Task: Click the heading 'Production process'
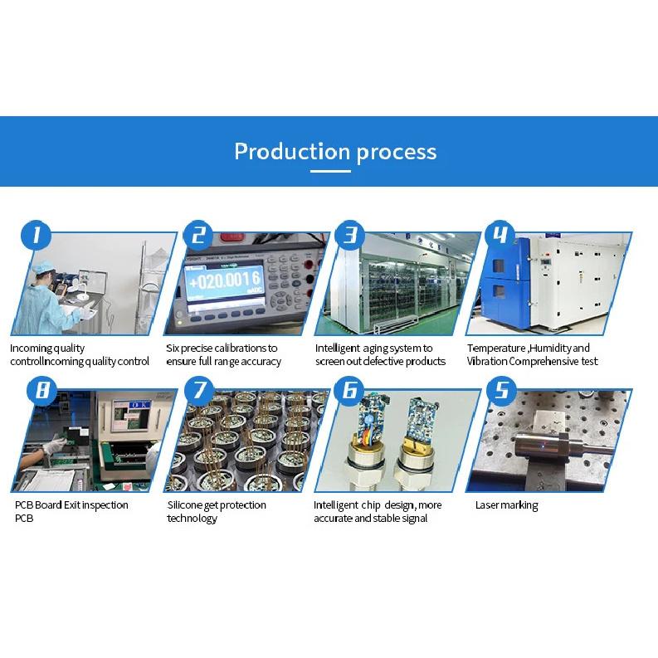(x=335, y=152)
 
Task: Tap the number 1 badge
(x=36, y=235)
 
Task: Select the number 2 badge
(x=198, y=235)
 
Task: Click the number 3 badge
(x=350, y=235)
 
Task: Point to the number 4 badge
(x=500, y=235)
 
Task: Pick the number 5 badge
(x=502, y=391)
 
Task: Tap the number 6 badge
(x=350, y=391)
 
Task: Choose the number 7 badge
(x=199, y=391)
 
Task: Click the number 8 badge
(x=42, y=391)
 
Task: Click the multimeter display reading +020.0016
(x=226, y=280)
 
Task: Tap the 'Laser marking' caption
(x=506, y=505)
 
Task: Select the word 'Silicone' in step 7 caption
(x=185, y=504)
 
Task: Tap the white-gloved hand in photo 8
(x=54, y=445)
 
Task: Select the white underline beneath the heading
(x=331, y=171)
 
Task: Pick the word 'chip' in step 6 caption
(x=371, y=505)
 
